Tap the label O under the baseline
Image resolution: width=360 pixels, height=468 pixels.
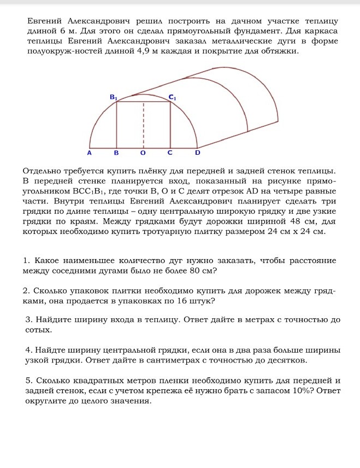(143, 154)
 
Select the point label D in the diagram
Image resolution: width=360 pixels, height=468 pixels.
(198, 153)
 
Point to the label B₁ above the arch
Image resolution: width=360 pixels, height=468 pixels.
(114, 96)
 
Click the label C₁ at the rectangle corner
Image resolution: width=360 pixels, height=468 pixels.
(172, 97)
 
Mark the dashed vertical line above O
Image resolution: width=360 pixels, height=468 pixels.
(144, 123)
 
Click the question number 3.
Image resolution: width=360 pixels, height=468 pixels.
(28, 319)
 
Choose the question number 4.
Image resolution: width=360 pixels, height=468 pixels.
(28, 349)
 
